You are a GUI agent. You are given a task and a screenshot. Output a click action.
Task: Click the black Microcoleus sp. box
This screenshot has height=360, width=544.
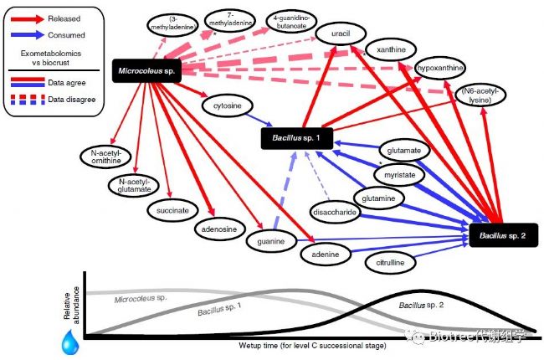point(146,71)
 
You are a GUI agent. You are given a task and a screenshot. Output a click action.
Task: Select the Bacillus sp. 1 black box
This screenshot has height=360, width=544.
point(296,138)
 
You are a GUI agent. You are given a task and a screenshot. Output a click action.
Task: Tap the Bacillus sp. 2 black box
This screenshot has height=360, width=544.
point(503,235)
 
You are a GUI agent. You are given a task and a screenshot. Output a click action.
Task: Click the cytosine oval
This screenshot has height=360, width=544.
point(228,105)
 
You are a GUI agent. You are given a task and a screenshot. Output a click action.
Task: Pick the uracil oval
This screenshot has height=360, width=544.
point(341,33)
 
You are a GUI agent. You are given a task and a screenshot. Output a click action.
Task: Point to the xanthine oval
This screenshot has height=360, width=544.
point(391,49)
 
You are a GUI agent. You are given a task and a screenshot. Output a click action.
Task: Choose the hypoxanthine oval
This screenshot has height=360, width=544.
point(440,68)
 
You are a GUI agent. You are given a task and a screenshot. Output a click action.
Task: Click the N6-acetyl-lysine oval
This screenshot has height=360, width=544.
point(480,95)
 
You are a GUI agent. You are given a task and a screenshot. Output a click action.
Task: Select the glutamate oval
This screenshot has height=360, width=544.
point(404,151)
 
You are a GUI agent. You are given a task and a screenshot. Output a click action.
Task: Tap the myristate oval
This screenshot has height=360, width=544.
point(400,175)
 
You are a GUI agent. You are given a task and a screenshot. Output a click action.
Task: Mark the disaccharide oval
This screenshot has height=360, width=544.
point(335,212)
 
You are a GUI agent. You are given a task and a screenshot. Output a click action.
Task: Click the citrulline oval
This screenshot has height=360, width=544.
point(390,262)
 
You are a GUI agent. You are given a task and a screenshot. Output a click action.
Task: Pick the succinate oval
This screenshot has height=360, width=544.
point(172,210)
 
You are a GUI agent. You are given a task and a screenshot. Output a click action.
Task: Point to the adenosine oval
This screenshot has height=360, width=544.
point(219,229)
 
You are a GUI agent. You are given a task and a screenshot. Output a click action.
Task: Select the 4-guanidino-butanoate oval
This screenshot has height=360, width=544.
point(291,22)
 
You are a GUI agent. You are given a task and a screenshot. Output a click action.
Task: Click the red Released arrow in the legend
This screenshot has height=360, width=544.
point(28,18)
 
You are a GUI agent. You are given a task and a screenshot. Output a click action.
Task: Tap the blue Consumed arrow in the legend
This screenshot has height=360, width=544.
point(28,34)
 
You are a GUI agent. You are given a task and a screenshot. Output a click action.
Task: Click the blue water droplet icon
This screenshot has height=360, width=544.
point(70,342)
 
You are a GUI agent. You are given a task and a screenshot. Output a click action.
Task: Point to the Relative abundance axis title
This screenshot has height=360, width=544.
point(71,306)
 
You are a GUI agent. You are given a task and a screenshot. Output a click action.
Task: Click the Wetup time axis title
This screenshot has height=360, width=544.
point(312,346)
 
